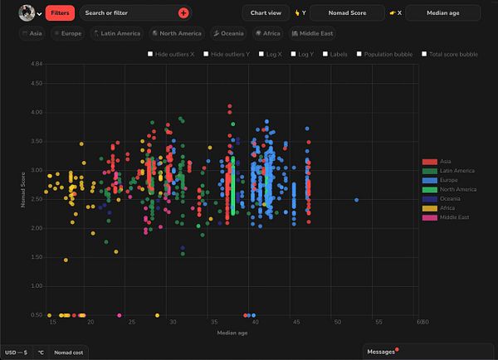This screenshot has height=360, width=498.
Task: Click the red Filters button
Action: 60,13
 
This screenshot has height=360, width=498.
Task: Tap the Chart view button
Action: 264,13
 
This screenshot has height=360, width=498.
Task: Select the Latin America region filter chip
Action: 116,33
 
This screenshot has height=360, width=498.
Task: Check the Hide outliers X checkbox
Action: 150,54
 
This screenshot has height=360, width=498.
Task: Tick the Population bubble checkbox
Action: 359,54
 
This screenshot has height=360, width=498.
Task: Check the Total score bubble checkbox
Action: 425,54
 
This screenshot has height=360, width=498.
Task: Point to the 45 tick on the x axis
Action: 295,322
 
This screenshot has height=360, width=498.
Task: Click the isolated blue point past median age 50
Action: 356,200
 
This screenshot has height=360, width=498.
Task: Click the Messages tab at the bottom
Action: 382,353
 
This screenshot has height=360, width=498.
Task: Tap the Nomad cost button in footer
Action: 68,353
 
